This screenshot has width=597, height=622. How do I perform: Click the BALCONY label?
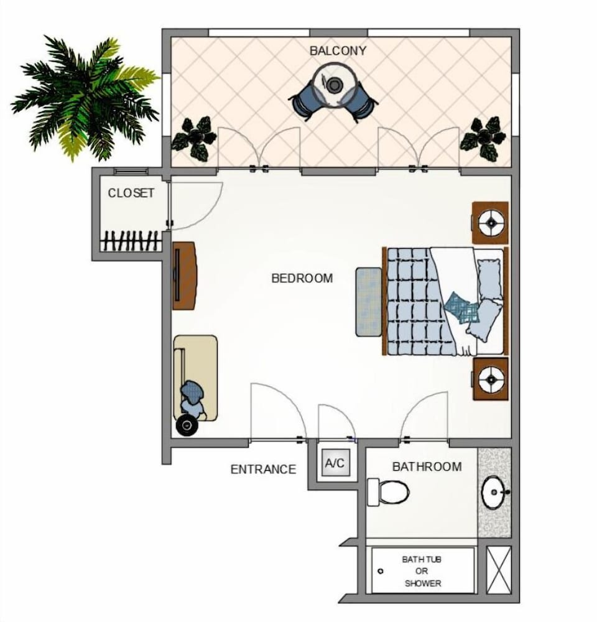338,51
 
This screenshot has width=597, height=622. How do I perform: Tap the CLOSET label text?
131,193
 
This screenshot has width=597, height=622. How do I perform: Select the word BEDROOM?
302,279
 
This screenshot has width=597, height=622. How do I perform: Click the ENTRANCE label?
264,470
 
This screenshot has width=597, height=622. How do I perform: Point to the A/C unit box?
335,463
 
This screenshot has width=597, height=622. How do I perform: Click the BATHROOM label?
427,466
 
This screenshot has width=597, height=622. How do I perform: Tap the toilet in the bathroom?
388,492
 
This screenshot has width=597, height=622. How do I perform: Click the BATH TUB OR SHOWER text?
422,571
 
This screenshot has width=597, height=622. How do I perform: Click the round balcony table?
333,85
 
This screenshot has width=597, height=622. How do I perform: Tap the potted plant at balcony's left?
194,138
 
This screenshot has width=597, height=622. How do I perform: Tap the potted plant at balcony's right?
483,138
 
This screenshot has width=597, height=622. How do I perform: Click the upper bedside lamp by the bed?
491,223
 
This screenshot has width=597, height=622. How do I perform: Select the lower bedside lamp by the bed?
491,379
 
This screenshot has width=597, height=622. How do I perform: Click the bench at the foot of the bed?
369,302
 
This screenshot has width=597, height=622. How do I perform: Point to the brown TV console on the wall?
185,276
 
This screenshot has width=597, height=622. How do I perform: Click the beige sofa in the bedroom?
195,378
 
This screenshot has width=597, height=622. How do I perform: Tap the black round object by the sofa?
187,425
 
